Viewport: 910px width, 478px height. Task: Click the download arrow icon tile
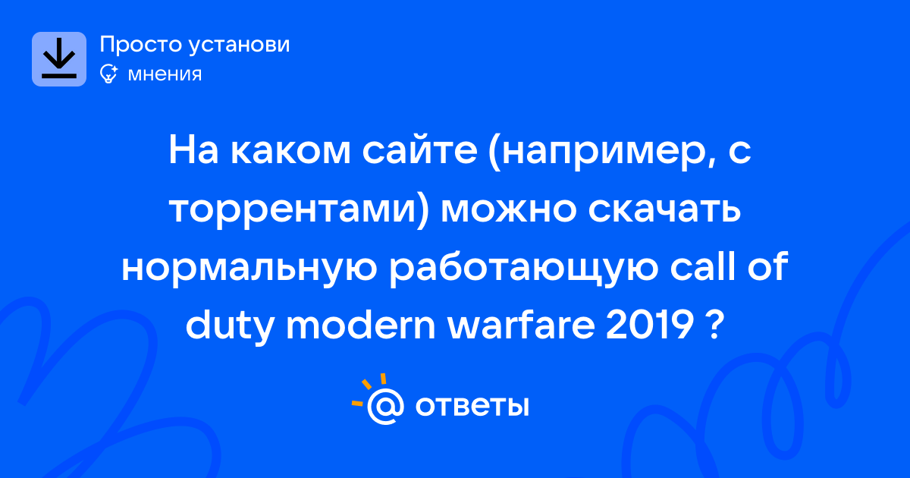coord(59,59)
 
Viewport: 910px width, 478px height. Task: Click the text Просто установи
coord(195,44)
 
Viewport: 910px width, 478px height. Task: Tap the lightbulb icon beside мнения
coord(109,74)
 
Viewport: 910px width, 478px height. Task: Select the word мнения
coord(165,74)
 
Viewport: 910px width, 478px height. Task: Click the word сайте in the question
coord(419,151)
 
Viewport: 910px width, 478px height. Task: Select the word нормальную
coord(249,269)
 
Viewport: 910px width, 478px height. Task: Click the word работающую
coord(523,269)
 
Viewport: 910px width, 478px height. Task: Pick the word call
coord(702,266)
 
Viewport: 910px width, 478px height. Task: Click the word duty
coord(229,326)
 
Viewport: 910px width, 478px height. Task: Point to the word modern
coord(361,325)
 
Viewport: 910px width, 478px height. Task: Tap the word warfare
coord(521,325)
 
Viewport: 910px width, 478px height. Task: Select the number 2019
coord(649,326)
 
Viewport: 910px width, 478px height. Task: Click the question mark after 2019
coord(714,326)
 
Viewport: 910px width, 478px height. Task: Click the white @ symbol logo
coord(385,407)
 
